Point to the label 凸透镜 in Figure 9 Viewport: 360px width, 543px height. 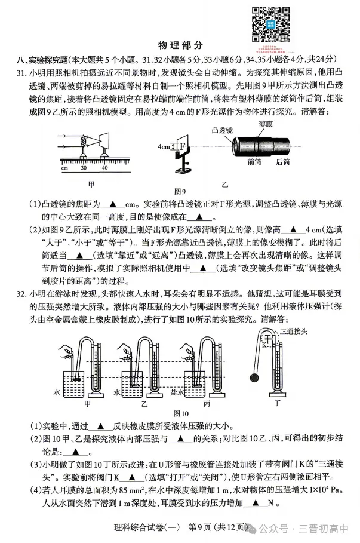(223, 128)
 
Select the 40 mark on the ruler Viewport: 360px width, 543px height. (105, 168)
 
